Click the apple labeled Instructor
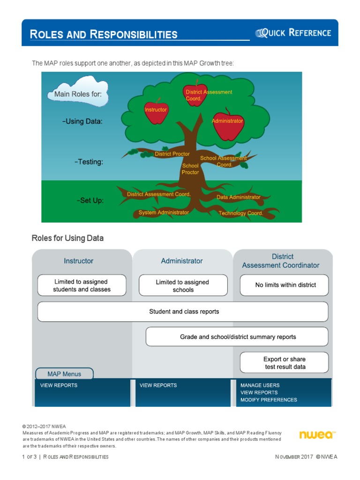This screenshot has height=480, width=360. [156, 112]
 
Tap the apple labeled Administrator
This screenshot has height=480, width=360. [228, 124]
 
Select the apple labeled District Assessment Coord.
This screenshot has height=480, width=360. [195, 95]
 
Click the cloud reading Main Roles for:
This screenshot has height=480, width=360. [78, 94]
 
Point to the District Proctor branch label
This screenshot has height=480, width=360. [172, 154]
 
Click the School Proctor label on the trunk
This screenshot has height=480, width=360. [190, 169]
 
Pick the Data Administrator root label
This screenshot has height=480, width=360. [238, 197]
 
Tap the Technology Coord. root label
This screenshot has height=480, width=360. [241, 213]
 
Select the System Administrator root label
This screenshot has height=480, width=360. [164, 212]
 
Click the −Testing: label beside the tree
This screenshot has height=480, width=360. [89, 162]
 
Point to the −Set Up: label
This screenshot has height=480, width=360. [90, 200]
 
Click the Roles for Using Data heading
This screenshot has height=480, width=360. [67, 238]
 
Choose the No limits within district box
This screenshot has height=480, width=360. [285, 285]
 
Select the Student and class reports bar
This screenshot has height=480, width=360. [183, 312]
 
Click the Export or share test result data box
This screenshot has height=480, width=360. [285, 363]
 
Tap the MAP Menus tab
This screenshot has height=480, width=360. [64, 374]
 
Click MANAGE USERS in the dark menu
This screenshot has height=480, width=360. [260, 385]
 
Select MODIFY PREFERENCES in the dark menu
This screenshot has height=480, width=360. [269, 400]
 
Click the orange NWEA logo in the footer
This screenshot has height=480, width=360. [316, 435]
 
